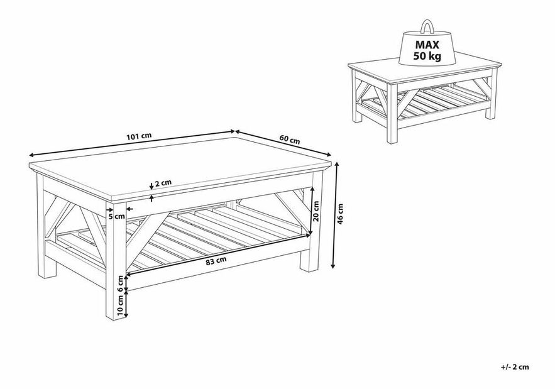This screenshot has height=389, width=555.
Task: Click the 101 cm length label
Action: coord(139,136)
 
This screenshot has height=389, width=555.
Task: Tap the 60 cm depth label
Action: coord(290,140)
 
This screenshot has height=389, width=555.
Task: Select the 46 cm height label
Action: coord(340,214)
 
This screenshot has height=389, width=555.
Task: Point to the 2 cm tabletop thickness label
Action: coord(163,183)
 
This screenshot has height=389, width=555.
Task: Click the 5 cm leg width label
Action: coord(116,216)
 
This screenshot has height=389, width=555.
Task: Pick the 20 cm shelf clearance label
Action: coord(316,211)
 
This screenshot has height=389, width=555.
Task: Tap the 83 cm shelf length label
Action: coord(216,261)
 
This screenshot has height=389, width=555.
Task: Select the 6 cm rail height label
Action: coord(121,284)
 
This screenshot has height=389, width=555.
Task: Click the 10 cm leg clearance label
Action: coord(121,305)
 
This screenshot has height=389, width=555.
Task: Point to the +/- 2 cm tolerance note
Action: coord(515,367)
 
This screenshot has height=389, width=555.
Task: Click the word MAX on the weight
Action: coord(427,45)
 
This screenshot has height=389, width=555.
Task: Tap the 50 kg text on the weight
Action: coord(427,56)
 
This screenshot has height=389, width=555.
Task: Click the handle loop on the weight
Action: coord(427,27)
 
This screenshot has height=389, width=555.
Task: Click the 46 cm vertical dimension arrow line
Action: coord(335,215)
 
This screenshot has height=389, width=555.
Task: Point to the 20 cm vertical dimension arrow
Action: coord(312,211)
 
